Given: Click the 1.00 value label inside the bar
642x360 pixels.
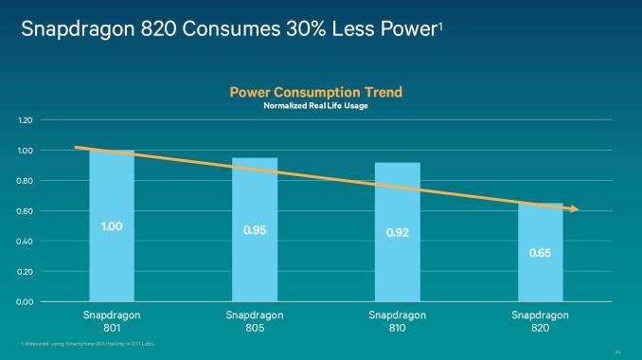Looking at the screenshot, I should [x=112, y=226].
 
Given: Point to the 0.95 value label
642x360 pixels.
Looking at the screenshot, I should [x=255, y=230].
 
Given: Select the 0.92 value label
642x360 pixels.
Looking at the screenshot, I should [x=398, y=233].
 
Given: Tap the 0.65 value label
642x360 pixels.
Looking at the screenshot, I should [x=540, y=253].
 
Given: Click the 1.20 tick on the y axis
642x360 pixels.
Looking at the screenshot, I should [x=26, y=120].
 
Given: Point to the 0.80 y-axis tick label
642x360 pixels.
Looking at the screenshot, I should [x=26, y=181].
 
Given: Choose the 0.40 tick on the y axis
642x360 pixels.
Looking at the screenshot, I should [x=26, y=242].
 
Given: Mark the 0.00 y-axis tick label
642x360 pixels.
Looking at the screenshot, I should [x=26, y=301].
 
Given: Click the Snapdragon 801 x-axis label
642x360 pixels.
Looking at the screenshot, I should [x=112, y=319].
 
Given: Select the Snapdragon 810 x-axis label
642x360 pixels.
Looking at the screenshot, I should [x=398, y=319].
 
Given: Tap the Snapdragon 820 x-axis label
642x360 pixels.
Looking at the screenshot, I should [x=540, y=319].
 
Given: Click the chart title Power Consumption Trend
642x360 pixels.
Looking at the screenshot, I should [x=315, y=92].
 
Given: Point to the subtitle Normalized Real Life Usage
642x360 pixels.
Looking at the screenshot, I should [x=315, y=106].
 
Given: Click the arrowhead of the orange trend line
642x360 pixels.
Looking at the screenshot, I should [x=573, y=209].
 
